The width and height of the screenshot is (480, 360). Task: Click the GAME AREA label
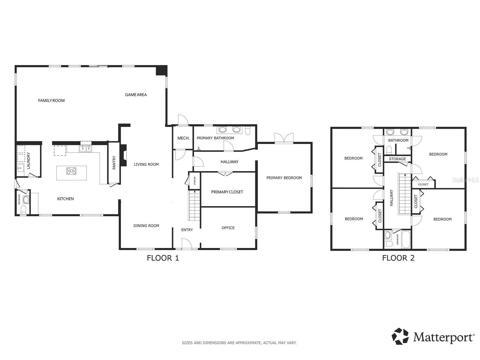pyautogui.click(x=136, y=95)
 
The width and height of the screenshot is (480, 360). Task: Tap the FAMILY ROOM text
pyautogui.click(x=51, y=101)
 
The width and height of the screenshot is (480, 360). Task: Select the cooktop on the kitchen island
pyautogui.click(x=71, y=171)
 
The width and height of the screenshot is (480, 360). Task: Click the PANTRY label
pyautogui.click(x=114, y=162)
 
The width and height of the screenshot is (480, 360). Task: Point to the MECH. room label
pyautogui.click(x=184, y=138)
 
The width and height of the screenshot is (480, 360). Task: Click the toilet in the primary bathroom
pyautogui.click(x=247, y=131)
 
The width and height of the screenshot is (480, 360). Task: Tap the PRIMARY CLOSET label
pyautogui.click(x=227, y=192)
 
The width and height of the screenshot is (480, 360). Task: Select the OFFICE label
pyautogui.click(x=228, y=228)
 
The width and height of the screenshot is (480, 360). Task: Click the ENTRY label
pyautogui.click(x=187, y=230)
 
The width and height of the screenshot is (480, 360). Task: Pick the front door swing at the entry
pyautogui.click(x=187, y=244)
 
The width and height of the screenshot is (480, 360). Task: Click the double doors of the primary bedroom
pyautogui.click(x=284, y=138)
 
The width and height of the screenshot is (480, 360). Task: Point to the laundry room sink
pyautogui.click(x=21, y=168)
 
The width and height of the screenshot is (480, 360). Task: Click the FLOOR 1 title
pyautogui.click(x=163, y=258)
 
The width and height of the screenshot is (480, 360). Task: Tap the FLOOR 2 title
pyautogui.click(x=398, y=258)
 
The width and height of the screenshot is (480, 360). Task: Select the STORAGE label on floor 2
pyautogui.click(x=397, y=159)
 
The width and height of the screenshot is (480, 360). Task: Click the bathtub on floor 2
pyautogui.click(x=406, y=240)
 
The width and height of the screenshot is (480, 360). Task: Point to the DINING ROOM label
pyautogui.click(x=146, y=226)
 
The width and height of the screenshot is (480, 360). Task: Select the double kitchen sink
pyautogui.click(x=85, y=149)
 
